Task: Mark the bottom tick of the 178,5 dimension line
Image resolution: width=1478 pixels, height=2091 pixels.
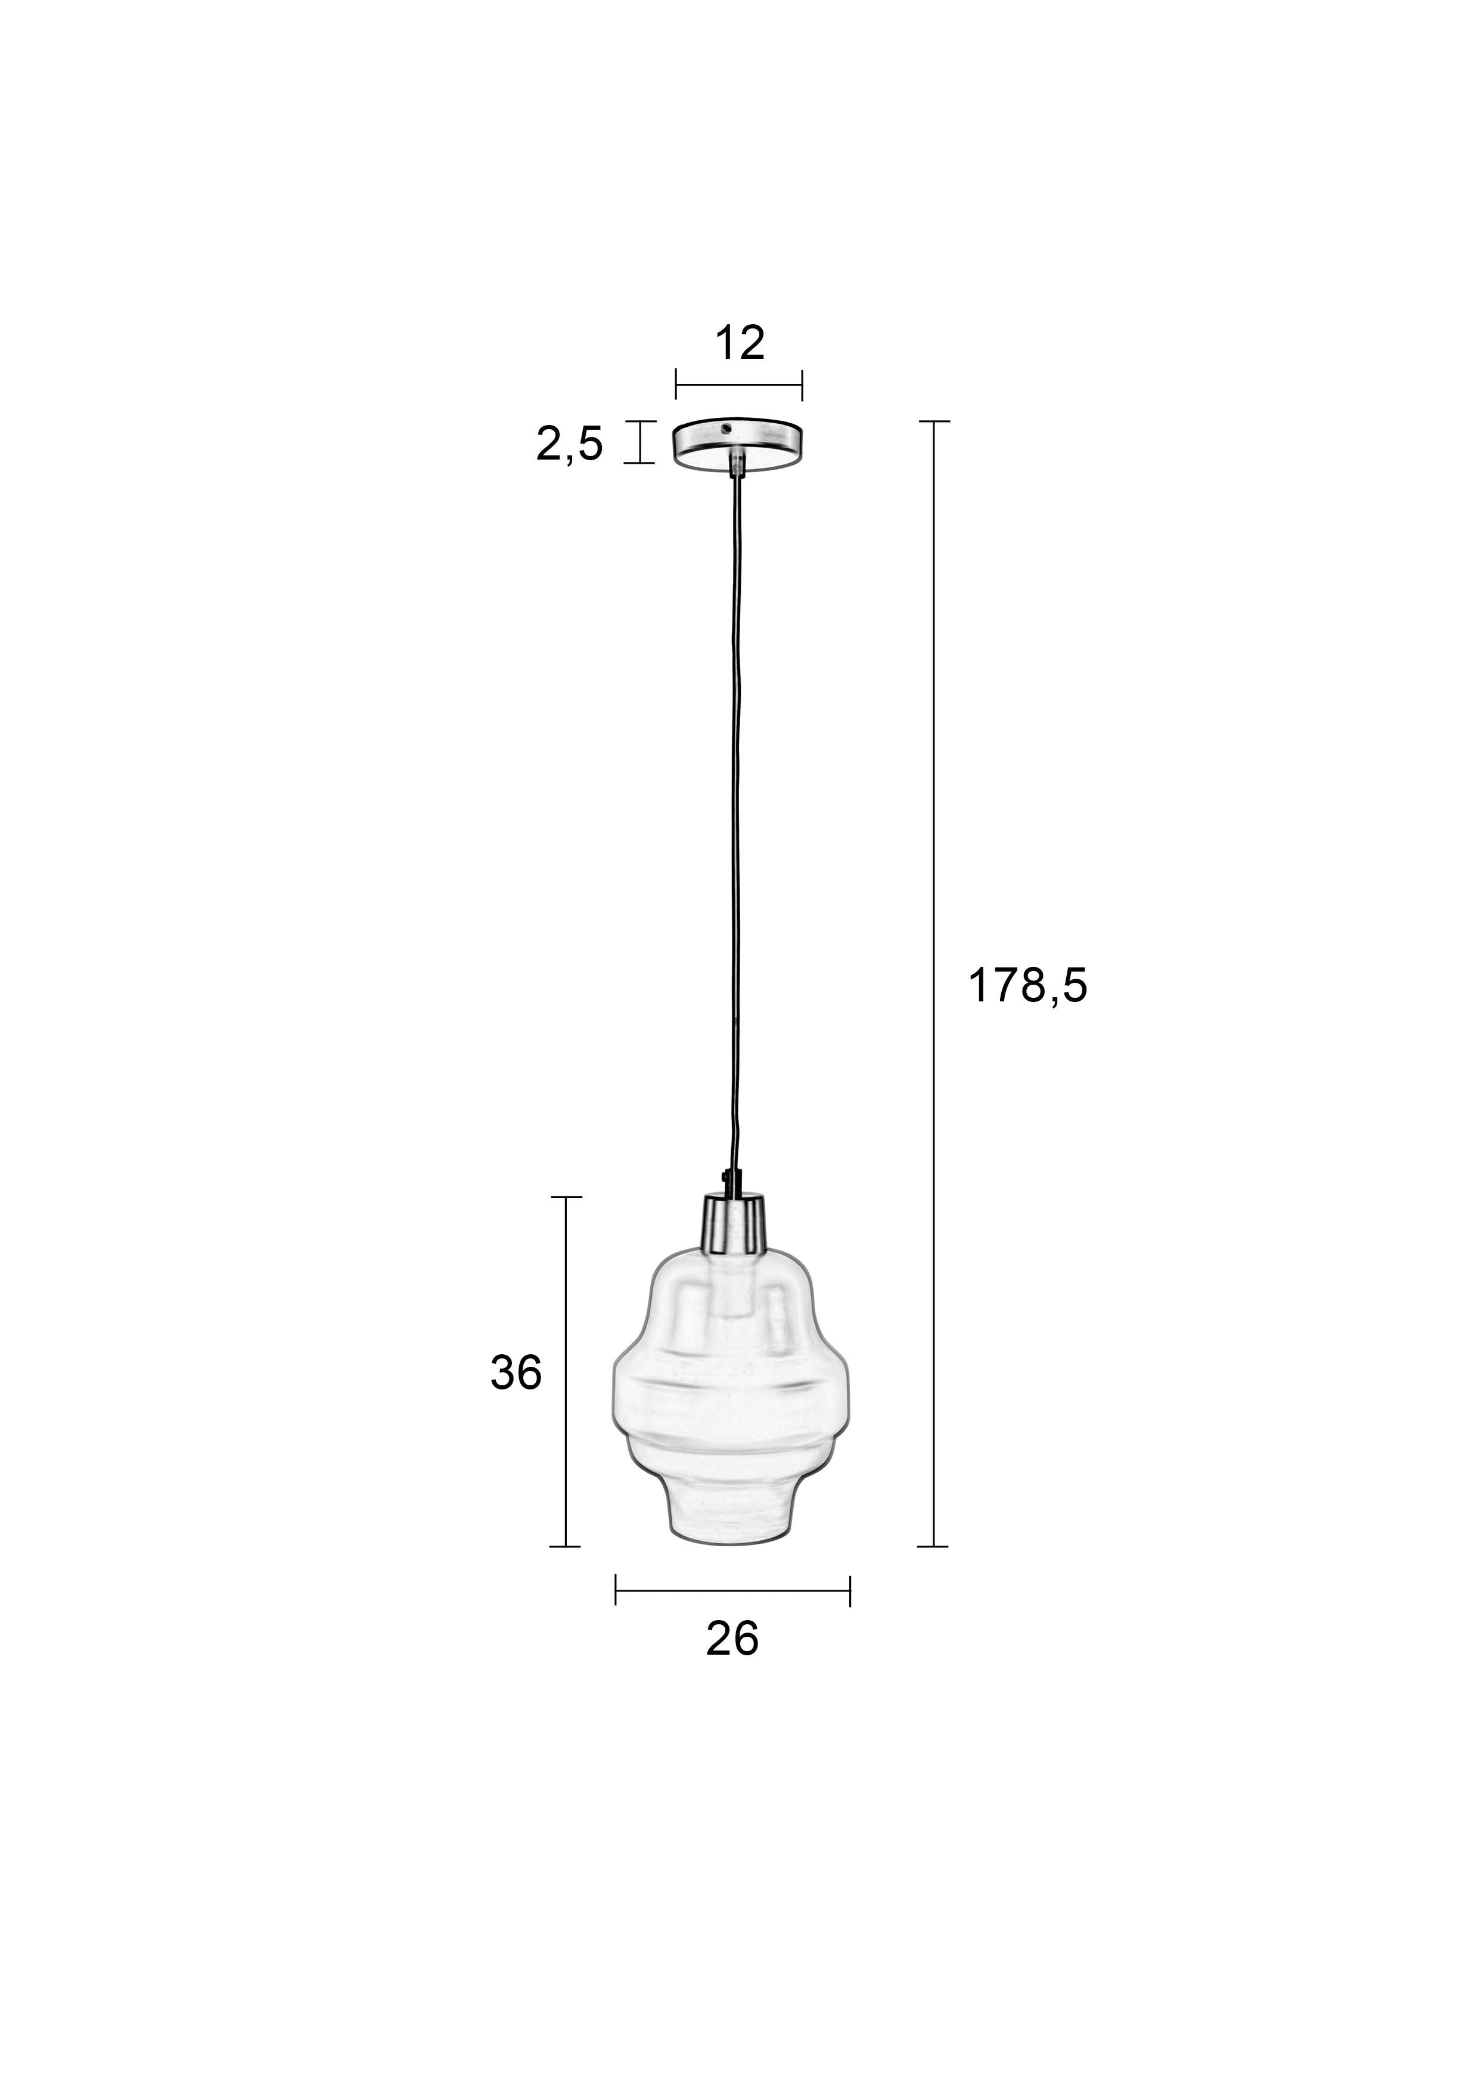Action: (x=933, y=1546)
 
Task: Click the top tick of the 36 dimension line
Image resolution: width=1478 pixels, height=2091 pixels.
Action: (x=566, y=1197)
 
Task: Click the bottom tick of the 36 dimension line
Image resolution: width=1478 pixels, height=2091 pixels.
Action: (x=566, y=1546)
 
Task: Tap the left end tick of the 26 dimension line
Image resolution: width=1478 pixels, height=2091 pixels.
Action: (x=616, y=1590)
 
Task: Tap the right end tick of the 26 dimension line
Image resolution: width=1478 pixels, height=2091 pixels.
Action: (x=850, y=1590)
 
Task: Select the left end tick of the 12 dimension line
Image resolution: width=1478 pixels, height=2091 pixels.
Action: (x=676, y=384)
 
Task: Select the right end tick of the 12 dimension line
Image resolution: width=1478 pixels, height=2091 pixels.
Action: (x=802, y=384)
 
